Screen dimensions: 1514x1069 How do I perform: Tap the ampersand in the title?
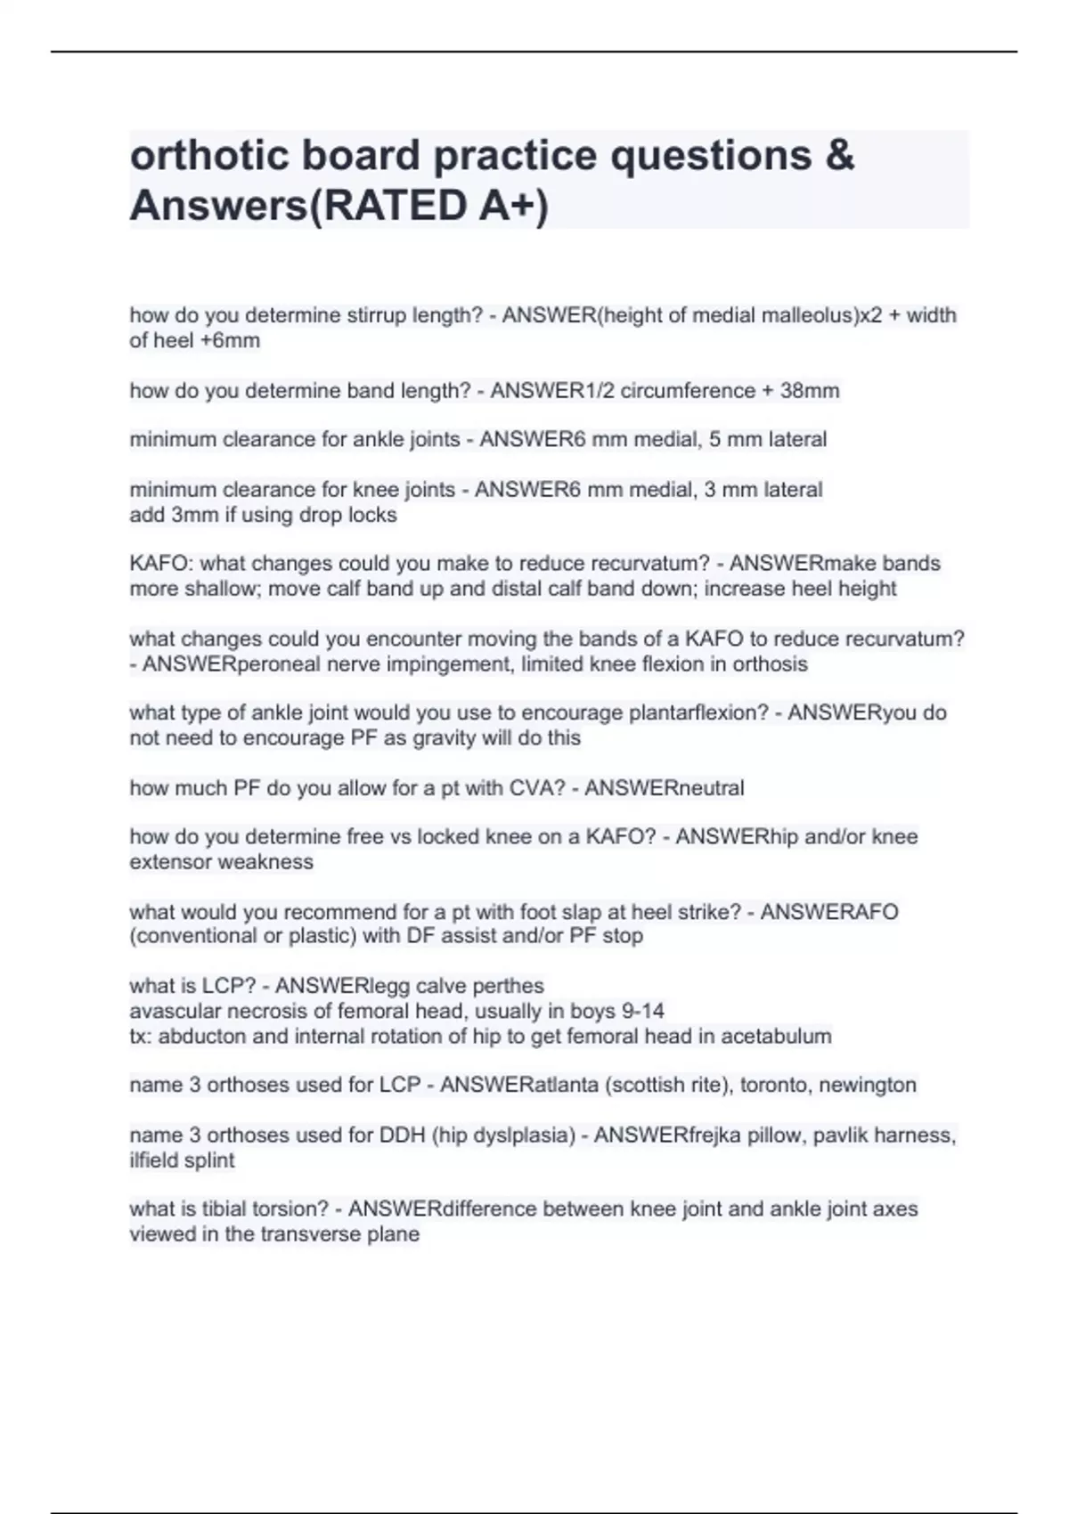pos(839,155)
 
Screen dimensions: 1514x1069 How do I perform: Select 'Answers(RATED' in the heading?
pos(298,206)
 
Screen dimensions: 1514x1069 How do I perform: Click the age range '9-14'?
pos(642,1012)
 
